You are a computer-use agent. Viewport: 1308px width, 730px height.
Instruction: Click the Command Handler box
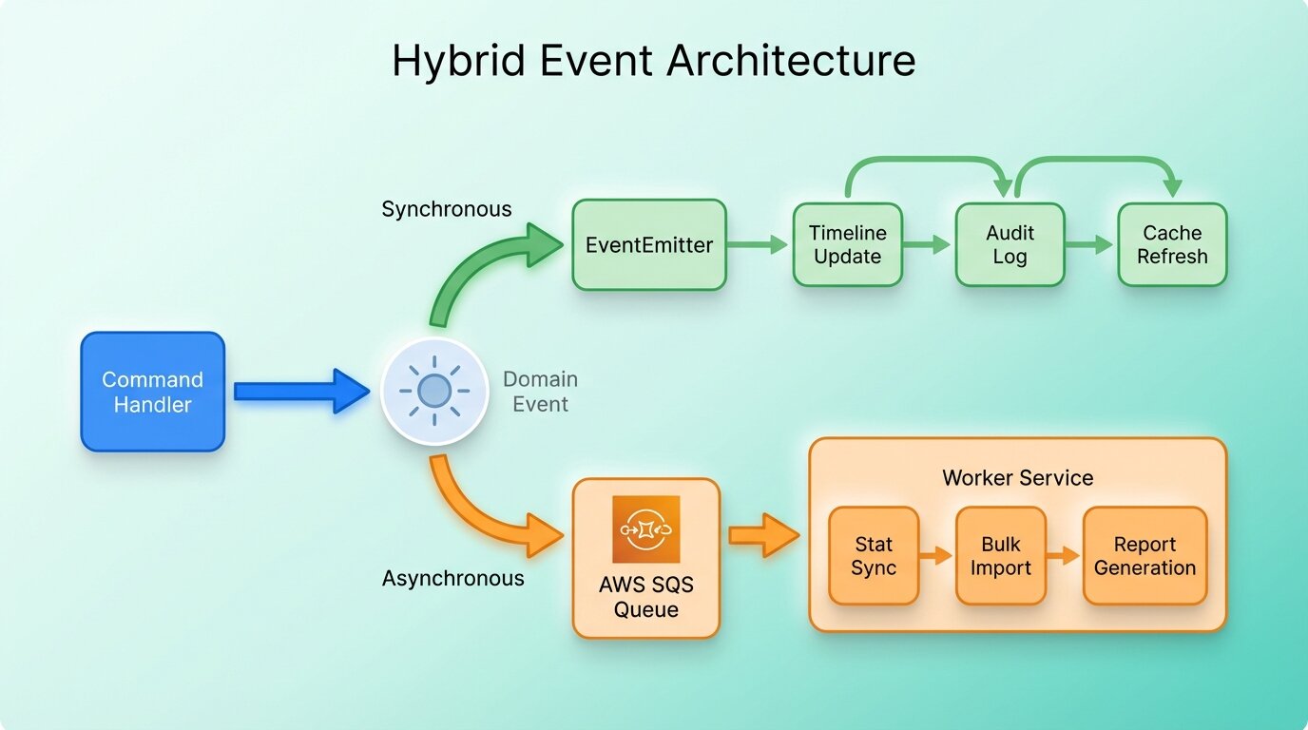(152, 392)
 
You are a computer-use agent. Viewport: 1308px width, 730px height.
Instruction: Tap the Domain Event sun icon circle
(433, 391)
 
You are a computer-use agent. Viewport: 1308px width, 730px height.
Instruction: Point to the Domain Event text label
(540, 392)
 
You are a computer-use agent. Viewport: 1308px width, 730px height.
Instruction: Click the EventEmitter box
(649, 245)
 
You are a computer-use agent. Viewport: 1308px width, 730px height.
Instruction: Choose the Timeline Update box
(847, 245)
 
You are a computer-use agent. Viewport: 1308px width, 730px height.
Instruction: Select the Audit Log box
(1010, 245)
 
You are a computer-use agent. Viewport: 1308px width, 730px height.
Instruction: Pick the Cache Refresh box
(1172, 245)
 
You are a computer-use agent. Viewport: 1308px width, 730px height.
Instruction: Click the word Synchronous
(447, 209)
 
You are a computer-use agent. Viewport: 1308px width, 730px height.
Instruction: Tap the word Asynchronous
(452, 578)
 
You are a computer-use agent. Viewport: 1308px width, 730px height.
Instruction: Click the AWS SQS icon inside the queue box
(646, 529)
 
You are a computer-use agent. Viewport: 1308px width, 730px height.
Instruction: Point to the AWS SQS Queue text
(646, 597)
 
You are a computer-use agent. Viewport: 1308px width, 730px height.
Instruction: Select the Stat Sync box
(873, 556)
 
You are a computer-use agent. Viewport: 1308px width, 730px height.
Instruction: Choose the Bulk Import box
(1001, 556)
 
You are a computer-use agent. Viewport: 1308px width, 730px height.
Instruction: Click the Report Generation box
(1144, 556)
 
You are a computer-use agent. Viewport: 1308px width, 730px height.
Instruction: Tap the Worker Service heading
(1017, 477)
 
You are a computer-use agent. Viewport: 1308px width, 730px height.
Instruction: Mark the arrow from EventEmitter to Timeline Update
(759, 245)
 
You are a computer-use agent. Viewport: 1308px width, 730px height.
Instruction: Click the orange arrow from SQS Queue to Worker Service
(763, 536)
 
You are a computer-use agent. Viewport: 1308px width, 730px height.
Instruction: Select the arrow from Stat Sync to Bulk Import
(936, 556)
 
